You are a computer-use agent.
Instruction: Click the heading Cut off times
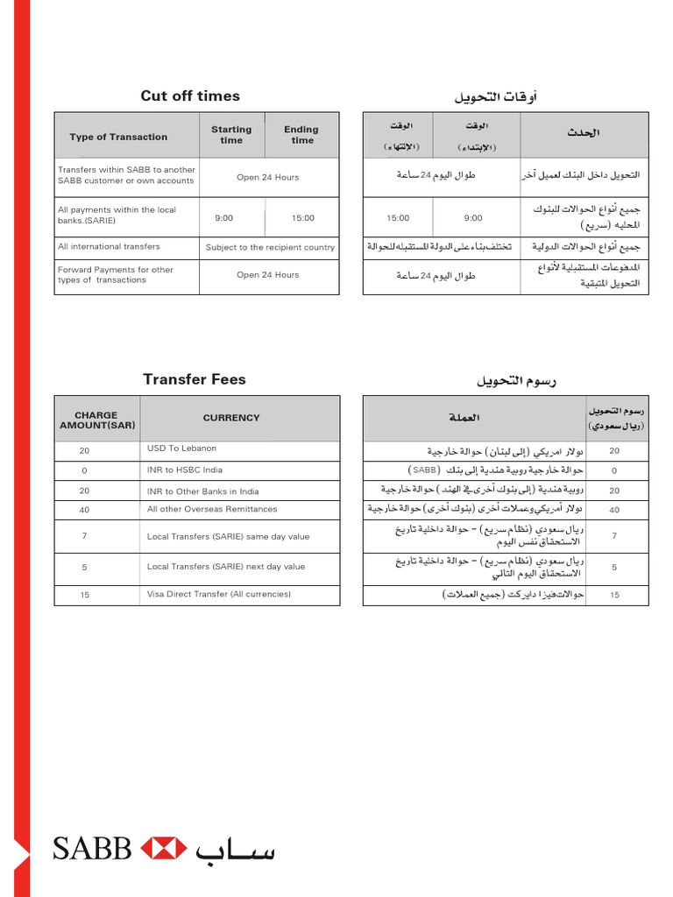click(190, 96)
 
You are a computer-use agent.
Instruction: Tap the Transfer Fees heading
click(195, 379)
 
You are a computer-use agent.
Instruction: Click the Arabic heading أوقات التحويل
click(495, 96)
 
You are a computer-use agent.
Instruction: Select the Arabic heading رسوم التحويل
click(517, 380)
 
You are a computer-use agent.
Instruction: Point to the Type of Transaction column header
click(118, 137)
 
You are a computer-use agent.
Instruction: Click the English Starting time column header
click(231, 135)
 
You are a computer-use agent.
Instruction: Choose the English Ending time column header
click(301, 135)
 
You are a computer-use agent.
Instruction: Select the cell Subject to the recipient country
click(270, 247)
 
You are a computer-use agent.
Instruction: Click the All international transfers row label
click(109, 247)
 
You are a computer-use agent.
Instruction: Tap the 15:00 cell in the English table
click(302, 218)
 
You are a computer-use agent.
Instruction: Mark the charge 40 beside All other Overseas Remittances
click(84, 510)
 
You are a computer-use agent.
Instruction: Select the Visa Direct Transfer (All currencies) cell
click(219, 594)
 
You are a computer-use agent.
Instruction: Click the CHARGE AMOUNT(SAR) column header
click(96, 420)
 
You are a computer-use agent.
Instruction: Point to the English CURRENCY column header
click(231, 418)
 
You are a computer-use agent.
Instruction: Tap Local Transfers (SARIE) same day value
click(228, 537)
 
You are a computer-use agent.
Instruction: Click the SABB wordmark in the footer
click(92, 849)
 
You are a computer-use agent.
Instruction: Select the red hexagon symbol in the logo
click(164, 849)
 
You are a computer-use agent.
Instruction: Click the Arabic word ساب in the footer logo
click(235, 849)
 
